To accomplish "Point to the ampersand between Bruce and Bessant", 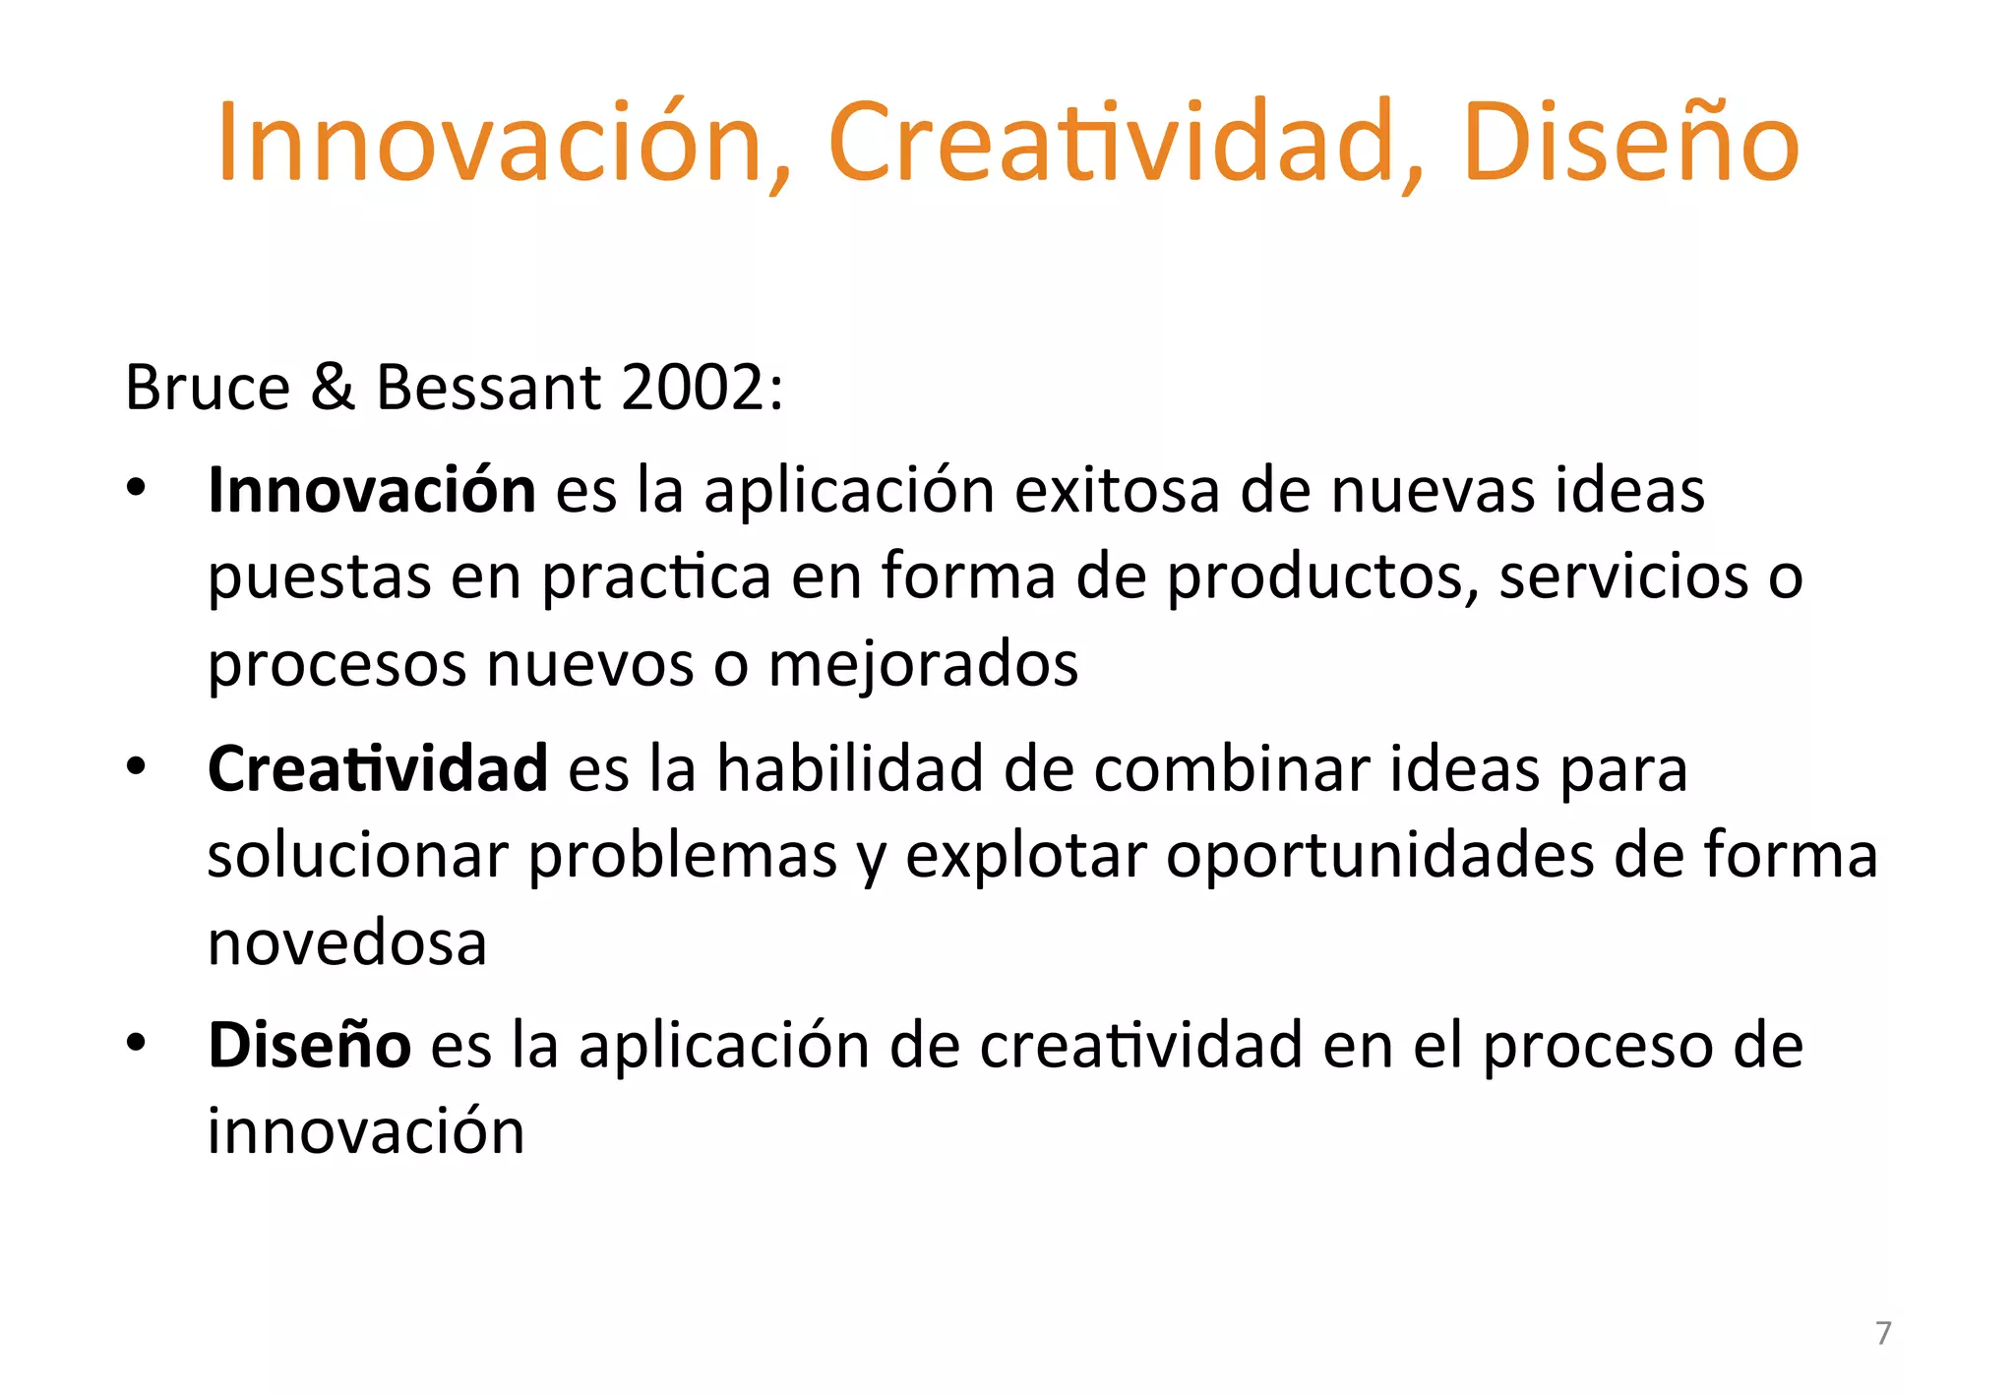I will point(333,387).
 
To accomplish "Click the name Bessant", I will point(488,387).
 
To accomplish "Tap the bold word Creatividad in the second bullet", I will point(378,767).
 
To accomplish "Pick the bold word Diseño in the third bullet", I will point(309,1045).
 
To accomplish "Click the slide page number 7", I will point(1883,1333).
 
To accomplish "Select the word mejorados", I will point(923,664).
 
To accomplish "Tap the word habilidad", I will point(849,767).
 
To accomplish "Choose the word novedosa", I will point(347,942).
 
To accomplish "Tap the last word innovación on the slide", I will point(366,1131).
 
